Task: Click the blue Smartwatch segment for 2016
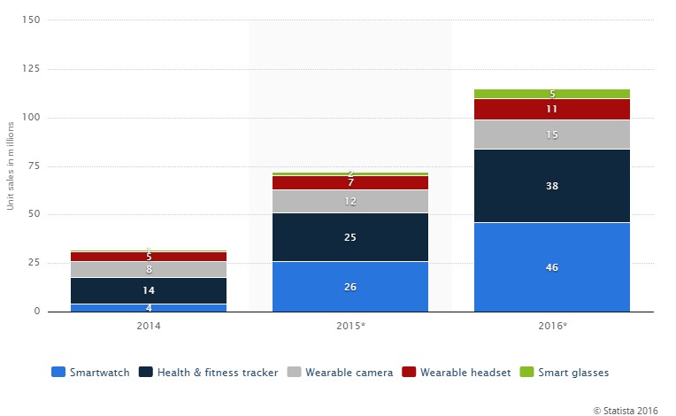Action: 552,266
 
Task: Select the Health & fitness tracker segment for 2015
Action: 350,237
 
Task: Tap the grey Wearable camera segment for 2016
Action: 552,134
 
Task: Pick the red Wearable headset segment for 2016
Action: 552,109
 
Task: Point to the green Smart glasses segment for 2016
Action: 552,94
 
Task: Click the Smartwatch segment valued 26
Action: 350,286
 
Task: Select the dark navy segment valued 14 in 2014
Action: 149,290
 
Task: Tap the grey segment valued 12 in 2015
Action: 350,201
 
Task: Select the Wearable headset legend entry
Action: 457,373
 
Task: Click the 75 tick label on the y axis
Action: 33,166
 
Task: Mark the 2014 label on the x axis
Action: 149,327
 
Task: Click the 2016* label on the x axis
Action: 552,327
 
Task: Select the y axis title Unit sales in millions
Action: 11,166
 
